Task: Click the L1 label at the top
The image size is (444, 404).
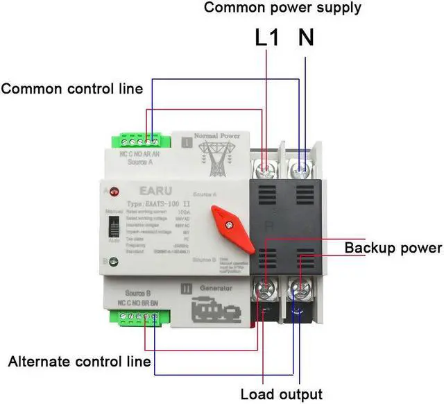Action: [x=267, y=37]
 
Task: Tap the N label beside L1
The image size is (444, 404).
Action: [x=305, y=37]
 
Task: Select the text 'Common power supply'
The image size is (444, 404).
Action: [x=282, y=8]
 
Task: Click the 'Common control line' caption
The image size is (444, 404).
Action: [x=71, y=89]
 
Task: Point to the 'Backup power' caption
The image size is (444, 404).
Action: [x=393, y=248]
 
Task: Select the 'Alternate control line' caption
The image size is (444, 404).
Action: [x=79, y=362]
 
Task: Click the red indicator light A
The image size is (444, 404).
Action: [x=111, y=190]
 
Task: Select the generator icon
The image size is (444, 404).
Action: [x=216, y=310]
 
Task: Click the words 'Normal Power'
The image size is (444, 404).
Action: [x=216, y=136]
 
